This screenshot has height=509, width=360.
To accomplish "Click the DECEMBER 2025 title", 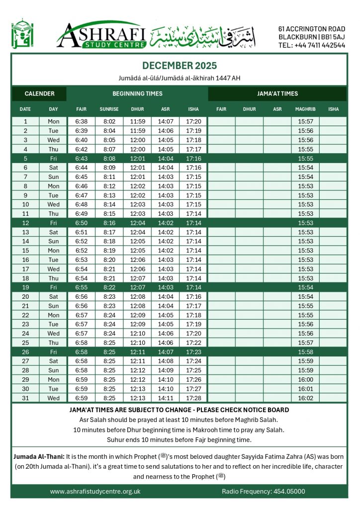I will (x=180, y=66).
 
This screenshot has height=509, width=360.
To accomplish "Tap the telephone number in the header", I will (x=311, y=45).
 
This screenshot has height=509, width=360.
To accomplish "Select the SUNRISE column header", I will (x=109, y=109).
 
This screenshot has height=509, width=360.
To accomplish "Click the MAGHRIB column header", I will (x=305, y=109).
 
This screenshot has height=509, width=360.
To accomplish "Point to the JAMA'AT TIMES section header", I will (x=277, y=93).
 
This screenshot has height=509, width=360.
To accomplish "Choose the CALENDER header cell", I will (x=39, y=93).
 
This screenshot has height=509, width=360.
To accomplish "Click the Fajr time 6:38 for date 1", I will (x=81, y=121).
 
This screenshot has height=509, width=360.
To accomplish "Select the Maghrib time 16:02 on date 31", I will (x=305, y=398).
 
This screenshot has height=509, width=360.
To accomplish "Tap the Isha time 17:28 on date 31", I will (x=193, y=398).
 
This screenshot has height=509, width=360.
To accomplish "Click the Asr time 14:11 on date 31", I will (x=166, y=398).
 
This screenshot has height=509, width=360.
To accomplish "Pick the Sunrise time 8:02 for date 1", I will (x=109, y=121).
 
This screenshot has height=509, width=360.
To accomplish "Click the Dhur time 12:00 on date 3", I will (x=137, y=140).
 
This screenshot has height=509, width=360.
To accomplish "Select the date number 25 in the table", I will (x=25, y=343).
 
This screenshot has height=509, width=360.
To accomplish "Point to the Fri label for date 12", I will (x=53, y=223).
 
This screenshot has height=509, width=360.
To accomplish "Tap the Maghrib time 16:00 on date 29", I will (x=305, y=380).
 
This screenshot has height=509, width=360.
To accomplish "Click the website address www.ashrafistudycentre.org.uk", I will (x=95, y=492).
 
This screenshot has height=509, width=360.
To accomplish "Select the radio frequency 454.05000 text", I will (x=263, y=492).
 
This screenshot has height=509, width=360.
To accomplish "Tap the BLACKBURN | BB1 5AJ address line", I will (x=311, y=37).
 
